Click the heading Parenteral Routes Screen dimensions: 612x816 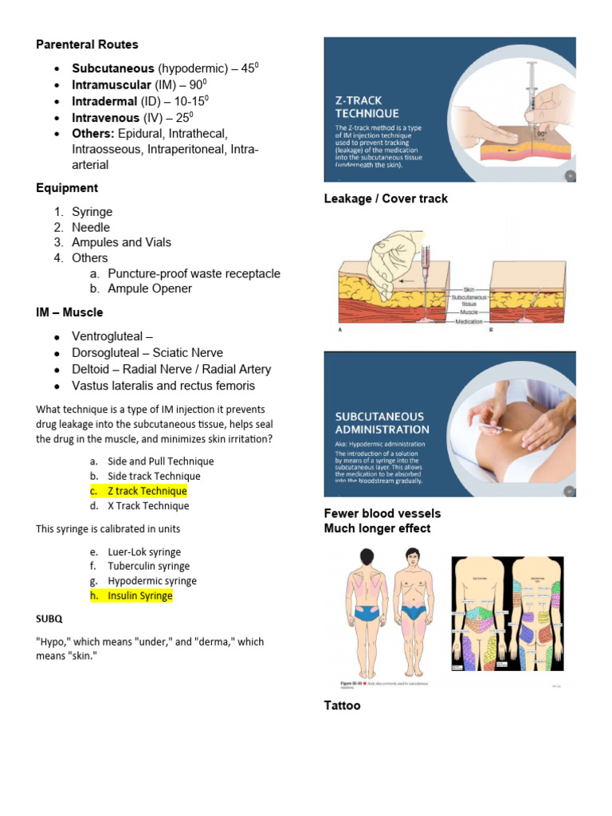point(87,45)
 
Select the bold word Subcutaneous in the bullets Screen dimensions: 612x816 point(112,69)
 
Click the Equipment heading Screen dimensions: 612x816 point(67,188)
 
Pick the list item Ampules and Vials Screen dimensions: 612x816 point(121,242)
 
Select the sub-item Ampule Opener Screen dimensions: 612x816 point(150,288)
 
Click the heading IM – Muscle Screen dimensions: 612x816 point(69,312)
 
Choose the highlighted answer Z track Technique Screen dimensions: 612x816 point(147,491)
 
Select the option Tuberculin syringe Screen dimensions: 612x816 point(149,567)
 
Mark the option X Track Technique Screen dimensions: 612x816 point(148,506)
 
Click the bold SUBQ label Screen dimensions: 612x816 point(49,618)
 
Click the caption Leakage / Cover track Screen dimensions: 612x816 point(386,198)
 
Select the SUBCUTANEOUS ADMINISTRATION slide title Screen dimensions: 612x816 point(382,422)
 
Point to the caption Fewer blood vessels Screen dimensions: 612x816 point(382,513)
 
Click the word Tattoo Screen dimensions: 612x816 point(342,705)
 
